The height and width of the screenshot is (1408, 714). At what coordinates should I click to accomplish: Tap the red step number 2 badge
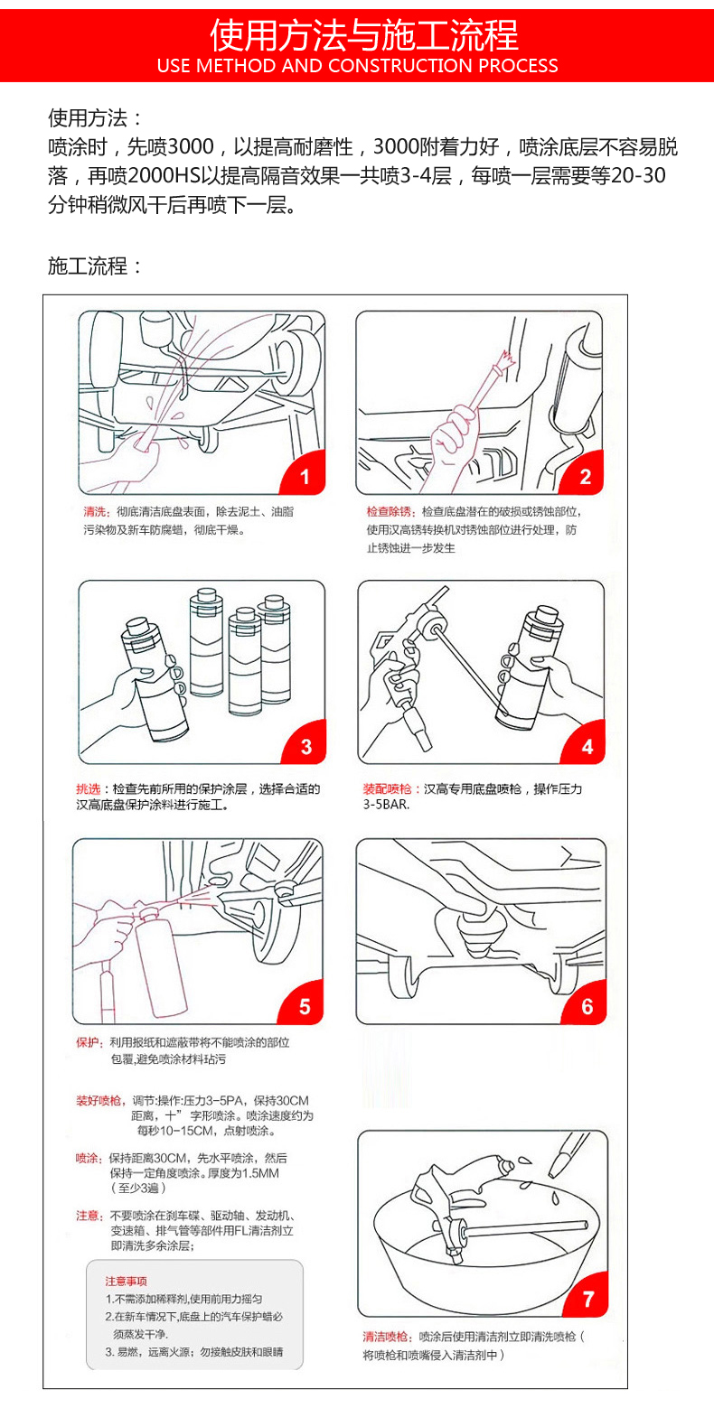(584, 474)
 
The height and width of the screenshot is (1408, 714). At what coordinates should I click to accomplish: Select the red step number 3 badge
(305, 744)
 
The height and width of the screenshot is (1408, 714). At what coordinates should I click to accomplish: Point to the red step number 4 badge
(587, 744)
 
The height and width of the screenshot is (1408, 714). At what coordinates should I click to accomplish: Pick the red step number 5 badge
(303, 1004)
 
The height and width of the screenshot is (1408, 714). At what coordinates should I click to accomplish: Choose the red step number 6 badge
(586, 1004)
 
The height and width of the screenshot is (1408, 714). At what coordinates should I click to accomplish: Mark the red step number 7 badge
(587, 1297)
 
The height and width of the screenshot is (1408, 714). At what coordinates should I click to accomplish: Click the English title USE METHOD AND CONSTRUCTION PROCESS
(357, 66)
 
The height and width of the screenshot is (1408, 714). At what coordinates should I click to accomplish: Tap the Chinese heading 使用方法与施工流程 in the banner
(363, 34)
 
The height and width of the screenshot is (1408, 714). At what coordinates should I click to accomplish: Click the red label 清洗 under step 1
(96, 512)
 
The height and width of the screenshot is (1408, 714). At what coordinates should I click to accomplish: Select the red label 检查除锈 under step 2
(388, 512)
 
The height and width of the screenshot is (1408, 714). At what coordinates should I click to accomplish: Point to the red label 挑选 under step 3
(89, 788)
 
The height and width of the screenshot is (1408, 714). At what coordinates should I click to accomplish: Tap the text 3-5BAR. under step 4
(386, 805)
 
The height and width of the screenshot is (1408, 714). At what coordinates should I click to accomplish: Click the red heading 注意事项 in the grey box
(126, 1281)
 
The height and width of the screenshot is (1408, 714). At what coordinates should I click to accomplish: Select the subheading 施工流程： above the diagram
(95, 266)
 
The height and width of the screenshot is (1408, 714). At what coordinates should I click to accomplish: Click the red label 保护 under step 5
(88, 1043)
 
